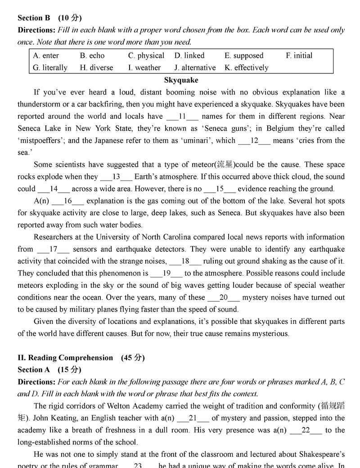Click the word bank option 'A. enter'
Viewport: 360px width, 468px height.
tap(46, 56)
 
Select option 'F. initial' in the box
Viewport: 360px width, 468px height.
tap(299, 56)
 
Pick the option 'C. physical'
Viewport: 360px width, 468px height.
tap(146, 56)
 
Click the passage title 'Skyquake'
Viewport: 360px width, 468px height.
tap(181, 80)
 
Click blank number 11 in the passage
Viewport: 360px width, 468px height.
tap(182, 117)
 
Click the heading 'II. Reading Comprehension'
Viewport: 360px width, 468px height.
tap(65, 358)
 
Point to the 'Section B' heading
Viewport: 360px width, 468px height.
tap(34, 18)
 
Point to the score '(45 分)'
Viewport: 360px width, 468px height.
tap(133, 358)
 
